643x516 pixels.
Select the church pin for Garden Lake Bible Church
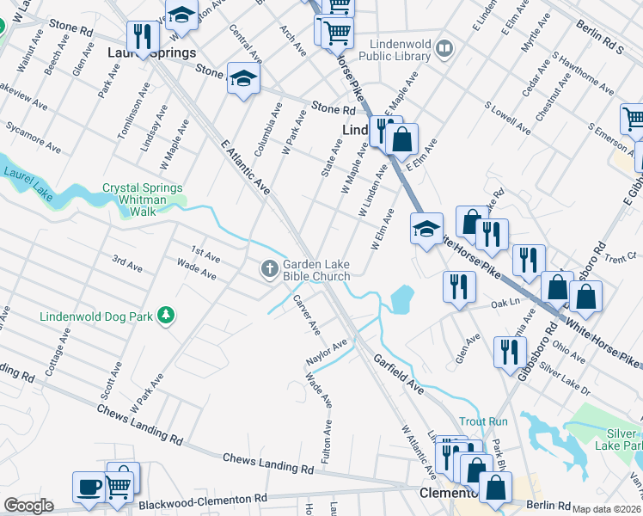(269, 270)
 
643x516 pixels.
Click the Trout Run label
(484, 421)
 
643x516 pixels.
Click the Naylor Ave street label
(327, 353)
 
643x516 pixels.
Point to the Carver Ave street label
(307, 315)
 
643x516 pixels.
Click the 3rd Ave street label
(127, 263)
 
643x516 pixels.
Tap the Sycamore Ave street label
(29, 132)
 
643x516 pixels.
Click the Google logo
(28, 505)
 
